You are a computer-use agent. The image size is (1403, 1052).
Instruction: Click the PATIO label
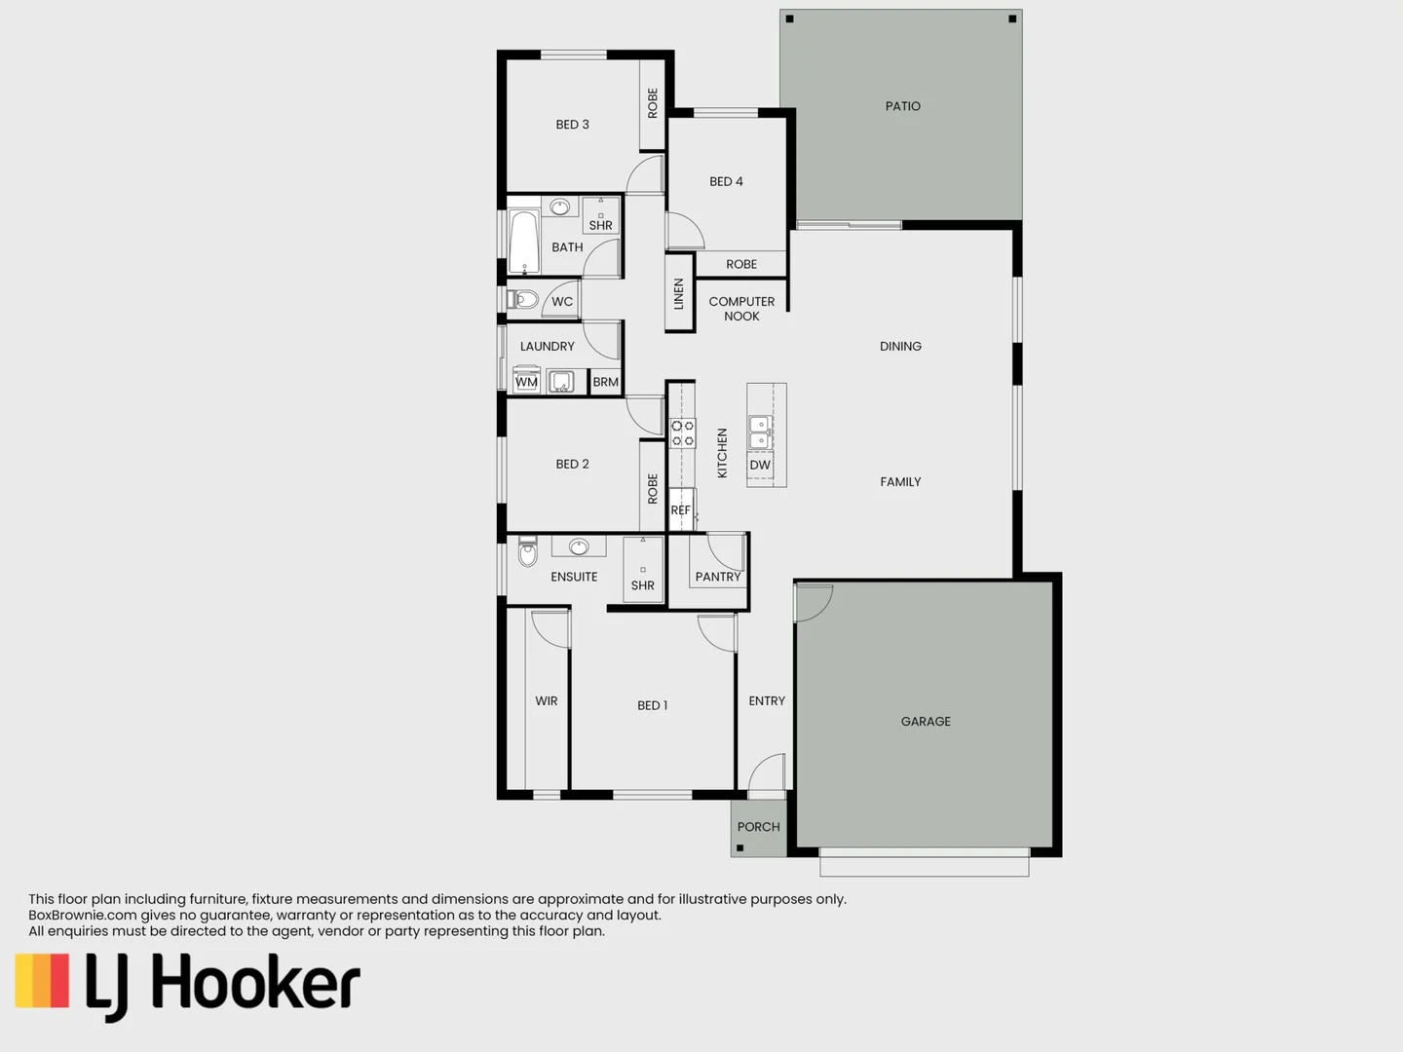902,106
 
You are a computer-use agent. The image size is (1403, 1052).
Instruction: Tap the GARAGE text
926,722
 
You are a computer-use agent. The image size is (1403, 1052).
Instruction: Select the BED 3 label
572,125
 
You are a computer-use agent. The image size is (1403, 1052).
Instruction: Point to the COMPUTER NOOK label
741,309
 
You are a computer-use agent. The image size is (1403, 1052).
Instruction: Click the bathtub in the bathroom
524,243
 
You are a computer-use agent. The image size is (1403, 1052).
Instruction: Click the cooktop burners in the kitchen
682,433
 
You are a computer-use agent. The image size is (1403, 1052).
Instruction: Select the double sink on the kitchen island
760,432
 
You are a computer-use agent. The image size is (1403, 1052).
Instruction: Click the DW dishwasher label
760,466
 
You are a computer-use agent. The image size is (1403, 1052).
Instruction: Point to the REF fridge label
680,510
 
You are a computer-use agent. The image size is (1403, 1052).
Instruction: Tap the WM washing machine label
526,382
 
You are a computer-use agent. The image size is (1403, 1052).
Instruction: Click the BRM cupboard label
605,382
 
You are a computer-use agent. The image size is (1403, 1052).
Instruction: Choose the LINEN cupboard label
679,293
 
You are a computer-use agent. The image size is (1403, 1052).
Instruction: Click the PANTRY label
718,577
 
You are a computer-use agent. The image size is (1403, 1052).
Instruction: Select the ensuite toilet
527,552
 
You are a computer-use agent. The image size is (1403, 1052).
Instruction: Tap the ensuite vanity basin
579,546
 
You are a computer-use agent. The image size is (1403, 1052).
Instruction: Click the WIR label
546,701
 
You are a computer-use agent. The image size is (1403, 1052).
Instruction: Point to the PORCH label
758,827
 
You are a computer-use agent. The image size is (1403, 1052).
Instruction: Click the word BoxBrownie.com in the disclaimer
83,916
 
